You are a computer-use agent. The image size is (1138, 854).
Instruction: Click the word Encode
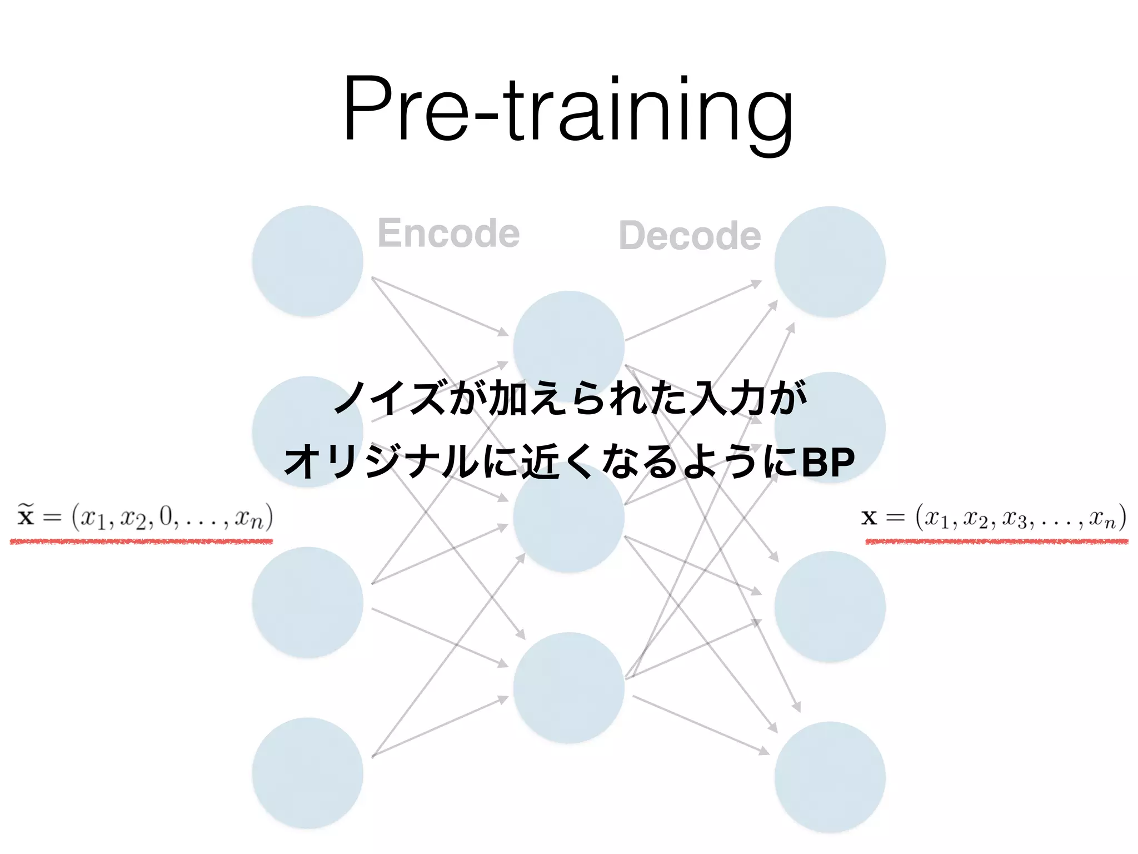[x=448, y=233]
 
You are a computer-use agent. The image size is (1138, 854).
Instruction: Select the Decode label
[x=690, y=236]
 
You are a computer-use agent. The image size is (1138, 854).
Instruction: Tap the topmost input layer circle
[x=308, y=261]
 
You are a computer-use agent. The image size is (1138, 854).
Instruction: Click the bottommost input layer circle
[x=308, y=773]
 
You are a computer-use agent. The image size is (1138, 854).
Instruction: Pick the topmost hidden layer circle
[x=568, y=334]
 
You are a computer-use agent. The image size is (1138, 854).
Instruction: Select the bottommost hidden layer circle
[x=568, y=688]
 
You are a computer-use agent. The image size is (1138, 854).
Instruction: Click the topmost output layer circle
[x=830, y=262]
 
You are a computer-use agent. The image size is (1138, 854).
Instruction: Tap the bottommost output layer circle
[x=830, y=777]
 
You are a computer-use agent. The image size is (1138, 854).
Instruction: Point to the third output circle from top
[x=830, y=607]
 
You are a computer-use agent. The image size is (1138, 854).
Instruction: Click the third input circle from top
[x=308, y=603]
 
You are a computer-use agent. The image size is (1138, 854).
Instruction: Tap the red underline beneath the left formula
[x=141, y=541]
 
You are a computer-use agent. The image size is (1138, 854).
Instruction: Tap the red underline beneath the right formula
[x=997, y=541]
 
